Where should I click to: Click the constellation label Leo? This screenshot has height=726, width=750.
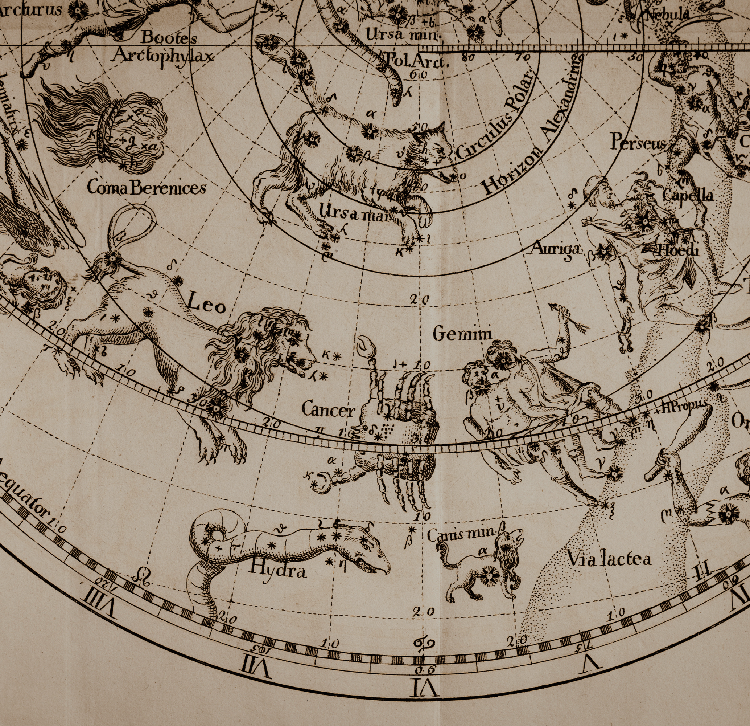[206, 305]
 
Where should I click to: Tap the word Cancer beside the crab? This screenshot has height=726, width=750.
[327, 410]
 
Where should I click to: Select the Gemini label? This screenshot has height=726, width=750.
[462, 334]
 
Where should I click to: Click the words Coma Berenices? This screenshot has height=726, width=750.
[146, 188]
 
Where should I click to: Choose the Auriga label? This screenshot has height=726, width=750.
[556, 249]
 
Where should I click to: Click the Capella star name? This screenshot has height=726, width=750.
[688, 195]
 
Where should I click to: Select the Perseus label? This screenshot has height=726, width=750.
[638, 142]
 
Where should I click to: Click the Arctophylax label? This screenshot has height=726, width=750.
[162, 56]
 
